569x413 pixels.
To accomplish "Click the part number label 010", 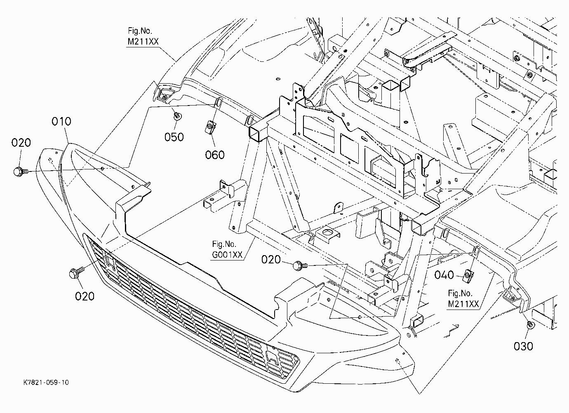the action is pyautogui.click(x=61, y=122).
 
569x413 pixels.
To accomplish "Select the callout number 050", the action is pyautogui.click(x=174, y=137).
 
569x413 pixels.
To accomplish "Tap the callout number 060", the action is pyautogui.click(x=215, y=155).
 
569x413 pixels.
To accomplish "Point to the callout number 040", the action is pyautogui.click(x=444, y=275).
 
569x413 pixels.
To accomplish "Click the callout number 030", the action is pyautogui.click(x=523, y=347).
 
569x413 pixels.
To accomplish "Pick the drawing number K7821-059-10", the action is pyautogui.click(x=46, y=382).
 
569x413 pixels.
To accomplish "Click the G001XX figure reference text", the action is pyautogui.click(x=227, y=255).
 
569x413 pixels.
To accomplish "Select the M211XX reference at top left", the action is pyautogui.click(x=143, y=41).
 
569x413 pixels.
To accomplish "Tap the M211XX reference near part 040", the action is pyautogui.click(x=463, y=304).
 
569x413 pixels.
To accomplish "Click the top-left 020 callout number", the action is pyautogui.click(x=21, y=143).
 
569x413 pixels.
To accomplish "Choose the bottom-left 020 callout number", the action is pyautogui.click(x=85, y=296).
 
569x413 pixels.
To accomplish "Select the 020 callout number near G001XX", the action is pyautogui.click(x=271, y=260).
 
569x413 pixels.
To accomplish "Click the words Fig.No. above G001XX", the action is pyautogui.click(x=224, y=244).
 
